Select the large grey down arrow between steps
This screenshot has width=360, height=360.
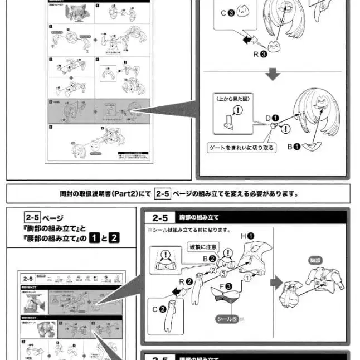(272, 75)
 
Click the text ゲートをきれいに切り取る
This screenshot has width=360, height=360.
(242, 149)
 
